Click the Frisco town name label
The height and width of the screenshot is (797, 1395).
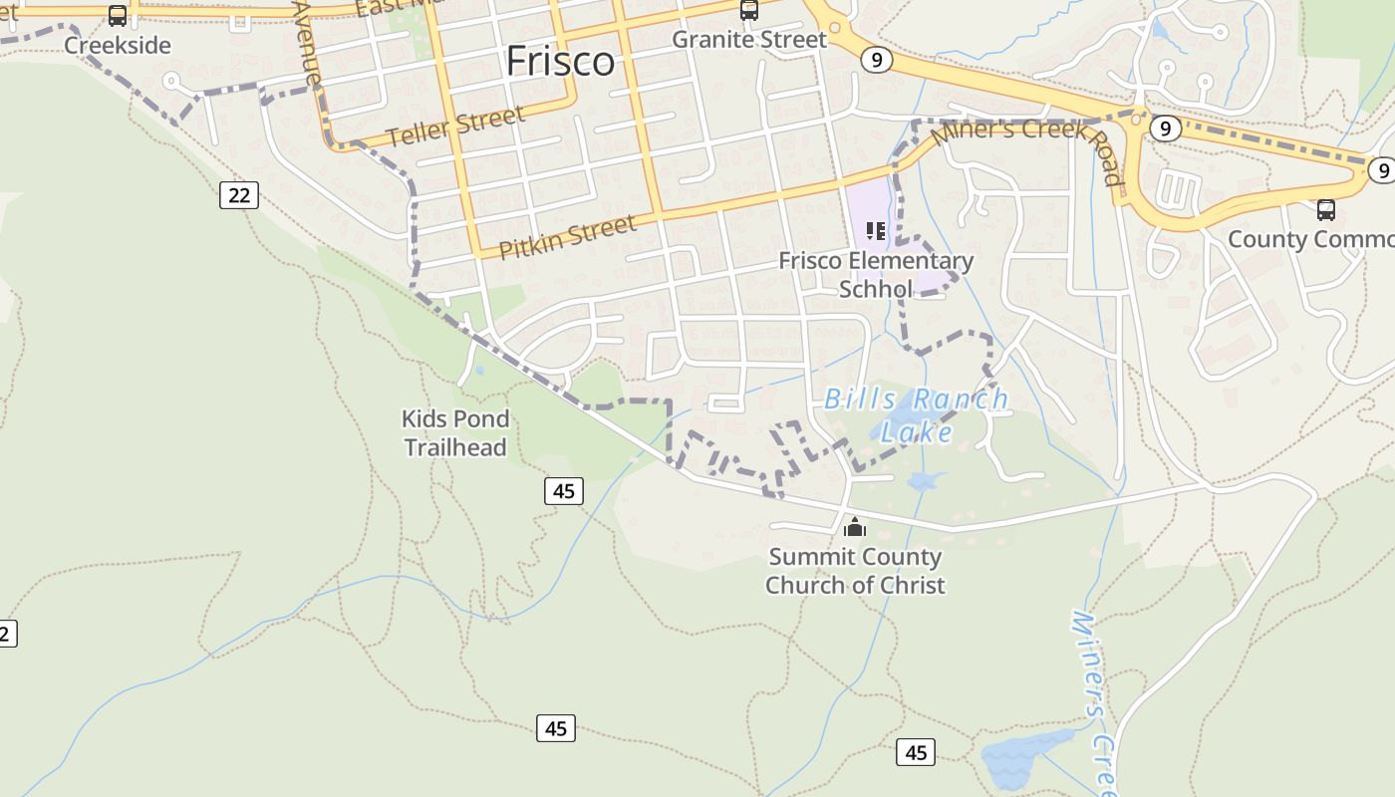pos(560,62)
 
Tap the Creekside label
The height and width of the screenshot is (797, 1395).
pos(118,45)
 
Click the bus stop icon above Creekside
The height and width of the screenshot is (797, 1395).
pos(118,16)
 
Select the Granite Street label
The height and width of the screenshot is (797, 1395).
pos(749,40)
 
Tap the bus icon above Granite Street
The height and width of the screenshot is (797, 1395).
pos(749,11)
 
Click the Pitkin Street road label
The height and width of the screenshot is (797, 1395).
pos(567,237)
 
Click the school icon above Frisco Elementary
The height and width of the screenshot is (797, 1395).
pos(876,232)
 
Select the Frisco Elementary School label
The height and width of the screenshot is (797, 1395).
pos(876,274)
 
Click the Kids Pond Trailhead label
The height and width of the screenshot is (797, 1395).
pos(455,432)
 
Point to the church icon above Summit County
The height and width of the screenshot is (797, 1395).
pos(855,527)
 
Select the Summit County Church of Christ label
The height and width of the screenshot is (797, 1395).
pos(855,571)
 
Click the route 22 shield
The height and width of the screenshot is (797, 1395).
pos(239,194)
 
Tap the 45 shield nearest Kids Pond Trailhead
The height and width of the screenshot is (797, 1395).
pos(563,490)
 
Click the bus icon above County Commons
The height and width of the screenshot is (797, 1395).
pos(1326,210)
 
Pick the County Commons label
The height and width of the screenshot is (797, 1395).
pos(1310,239)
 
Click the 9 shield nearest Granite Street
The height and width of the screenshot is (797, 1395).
pos(875,60)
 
